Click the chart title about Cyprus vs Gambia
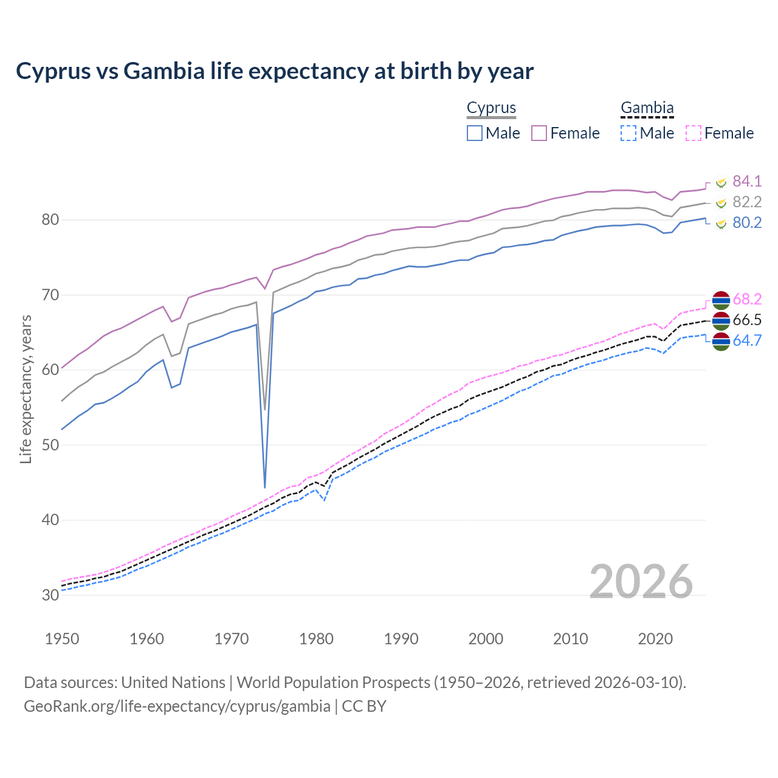pyautogui.click(x=275, y=71)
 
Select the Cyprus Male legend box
pyautogui.click(x=475, y=133)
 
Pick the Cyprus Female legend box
pyautogui.click(x=539, y=133)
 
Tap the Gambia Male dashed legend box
pyautogui.click(x=628, y=133)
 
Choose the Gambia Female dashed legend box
pyautogui.click(x=694, y=133)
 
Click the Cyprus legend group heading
pyautogui.click(x=491, y=108)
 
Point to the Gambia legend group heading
pyautogui.click(x=647, y=108)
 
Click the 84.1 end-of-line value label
pyautogui.click(x=747, y=181)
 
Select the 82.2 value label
pyautogui.click(x=747, y=202)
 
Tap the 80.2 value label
pyautogui.click(x=747, y=222)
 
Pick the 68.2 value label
pyautogui.click(x=747, y=299)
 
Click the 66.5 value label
pyautogui.click(x=747, y=320)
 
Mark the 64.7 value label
pyautogui.click(x=747, y=340)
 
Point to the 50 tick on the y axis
pyautogui.click(x=50, y=445)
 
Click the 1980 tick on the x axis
pyautogui.click(x=317, y=639)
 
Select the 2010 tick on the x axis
pyautogui.click(x=571, y=639)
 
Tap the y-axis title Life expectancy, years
pyautogui.click(x=26, y=389)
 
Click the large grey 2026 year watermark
pyautogui.click(x=641, y=582)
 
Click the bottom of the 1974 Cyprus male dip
pyautogui.click(x=265, y=487)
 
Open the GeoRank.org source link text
pyautogui.click(x=177, y=706)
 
